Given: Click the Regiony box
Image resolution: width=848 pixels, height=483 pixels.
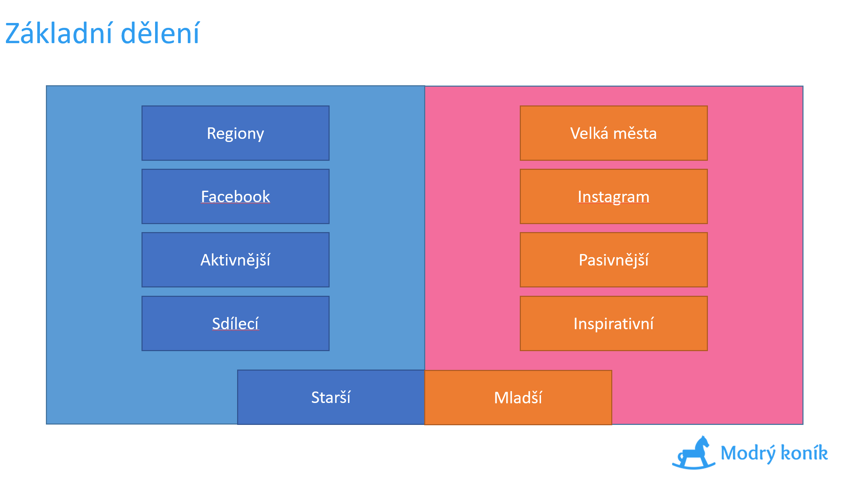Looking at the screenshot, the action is (235, 133).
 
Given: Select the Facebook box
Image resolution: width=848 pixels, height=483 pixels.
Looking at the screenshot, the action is (235, 196).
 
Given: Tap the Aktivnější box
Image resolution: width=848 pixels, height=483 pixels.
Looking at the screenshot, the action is (235, 260).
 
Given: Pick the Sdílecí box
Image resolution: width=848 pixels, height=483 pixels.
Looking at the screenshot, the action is (235, 323).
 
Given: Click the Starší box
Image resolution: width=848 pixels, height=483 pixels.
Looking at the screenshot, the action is (331, 397).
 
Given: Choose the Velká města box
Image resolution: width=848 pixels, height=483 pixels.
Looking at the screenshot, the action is (614, 133).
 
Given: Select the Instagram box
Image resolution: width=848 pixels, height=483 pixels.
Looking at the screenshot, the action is (614, 196).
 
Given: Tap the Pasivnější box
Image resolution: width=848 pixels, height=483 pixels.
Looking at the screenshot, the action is (614, 260).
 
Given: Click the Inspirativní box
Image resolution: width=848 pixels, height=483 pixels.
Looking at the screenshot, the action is (614, 323).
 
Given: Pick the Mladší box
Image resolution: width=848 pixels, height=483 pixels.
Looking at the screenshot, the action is (518, 397).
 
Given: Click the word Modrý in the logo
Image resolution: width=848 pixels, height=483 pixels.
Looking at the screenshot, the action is (748, 453).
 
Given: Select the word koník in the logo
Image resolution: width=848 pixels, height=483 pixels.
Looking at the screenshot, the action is (804, 452).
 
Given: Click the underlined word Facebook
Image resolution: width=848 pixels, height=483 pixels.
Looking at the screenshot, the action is (235, 197).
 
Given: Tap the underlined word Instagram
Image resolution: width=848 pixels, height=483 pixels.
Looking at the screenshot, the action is (614, 197).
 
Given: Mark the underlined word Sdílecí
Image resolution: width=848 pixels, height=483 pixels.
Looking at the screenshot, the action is (235, 324).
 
